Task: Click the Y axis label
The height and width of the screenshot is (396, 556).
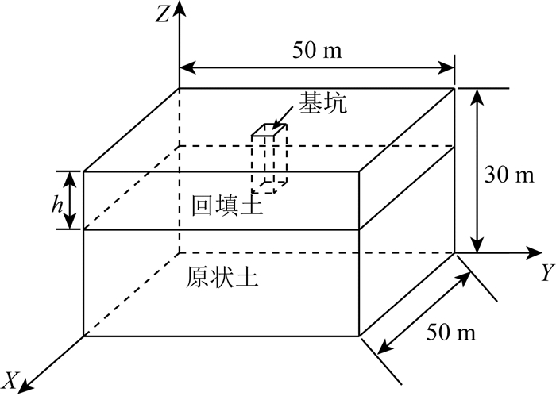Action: [546, 274]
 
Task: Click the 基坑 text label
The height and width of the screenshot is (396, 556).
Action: [322, 103]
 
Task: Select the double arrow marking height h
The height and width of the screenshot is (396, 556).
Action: [71, 200]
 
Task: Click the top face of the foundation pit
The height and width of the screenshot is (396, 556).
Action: [268, 130]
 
